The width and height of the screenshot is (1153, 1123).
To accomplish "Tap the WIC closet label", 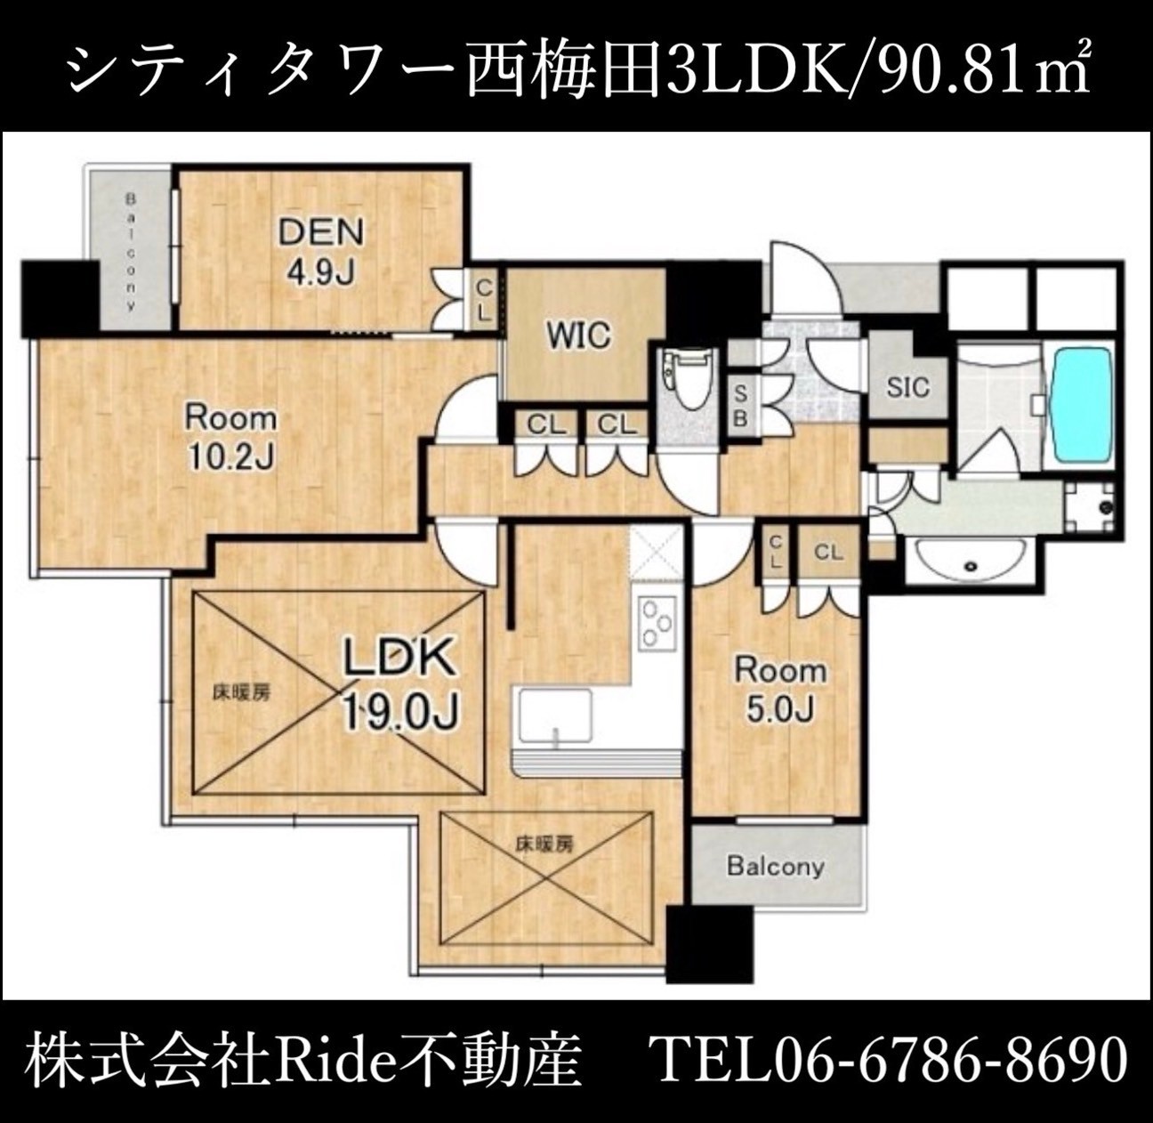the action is coord(579,335).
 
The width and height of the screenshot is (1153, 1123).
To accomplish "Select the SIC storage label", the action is coord(908,388).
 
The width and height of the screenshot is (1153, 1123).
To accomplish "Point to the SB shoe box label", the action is coord(740,406).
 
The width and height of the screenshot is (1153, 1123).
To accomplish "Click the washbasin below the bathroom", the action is coord(970,562).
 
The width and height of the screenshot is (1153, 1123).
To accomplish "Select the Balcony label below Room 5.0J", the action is coord(776,867).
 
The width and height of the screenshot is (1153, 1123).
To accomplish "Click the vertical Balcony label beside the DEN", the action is coord(130,252).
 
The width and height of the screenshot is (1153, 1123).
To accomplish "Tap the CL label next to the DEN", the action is coord(484,301).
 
